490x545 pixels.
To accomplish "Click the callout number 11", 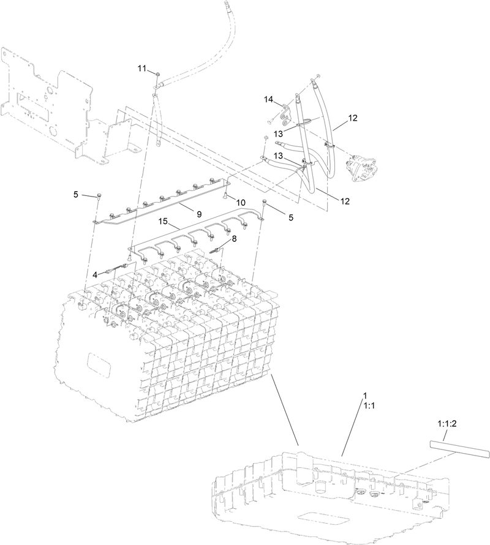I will (141, 69).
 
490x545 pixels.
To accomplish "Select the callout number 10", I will (240, 202).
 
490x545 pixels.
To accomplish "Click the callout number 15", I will (164, 220).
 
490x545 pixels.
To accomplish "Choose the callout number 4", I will (96, 275).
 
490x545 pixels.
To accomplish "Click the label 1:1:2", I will (448, 423).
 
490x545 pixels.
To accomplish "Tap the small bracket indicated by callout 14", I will (285, 113).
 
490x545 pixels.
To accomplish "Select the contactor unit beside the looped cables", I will (361, 167).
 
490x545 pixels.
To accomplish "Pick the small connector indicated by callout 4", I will (119, 268).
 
